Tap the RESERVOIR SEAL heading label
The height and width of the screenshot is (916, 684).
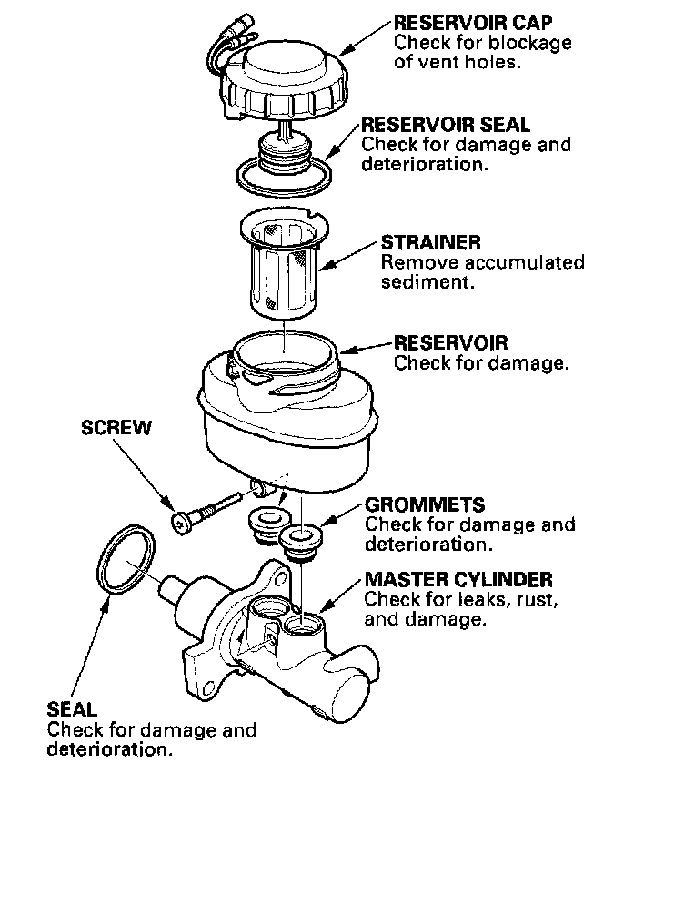pyautogui.click(x=446, y=125)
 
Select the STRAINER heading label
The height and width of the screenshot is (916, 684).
pyautogui.click(x=431, y=243)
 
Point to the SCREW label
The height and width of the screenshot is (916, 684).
pyautogui.click(x=116, y=428)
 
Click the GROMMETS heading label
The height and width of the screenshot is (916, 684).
pyautogui.click(x=425, y=504)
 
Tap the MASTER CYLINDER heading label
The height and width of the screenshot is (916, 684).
pyautogui.click(x=458, y=579)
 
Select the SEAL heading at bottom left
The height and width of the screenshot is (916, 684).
pyautogui.click(x=72, y=708)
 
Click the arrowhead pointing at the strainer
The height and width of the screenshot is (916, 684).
pyautogui.click(x=324, y=267)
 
